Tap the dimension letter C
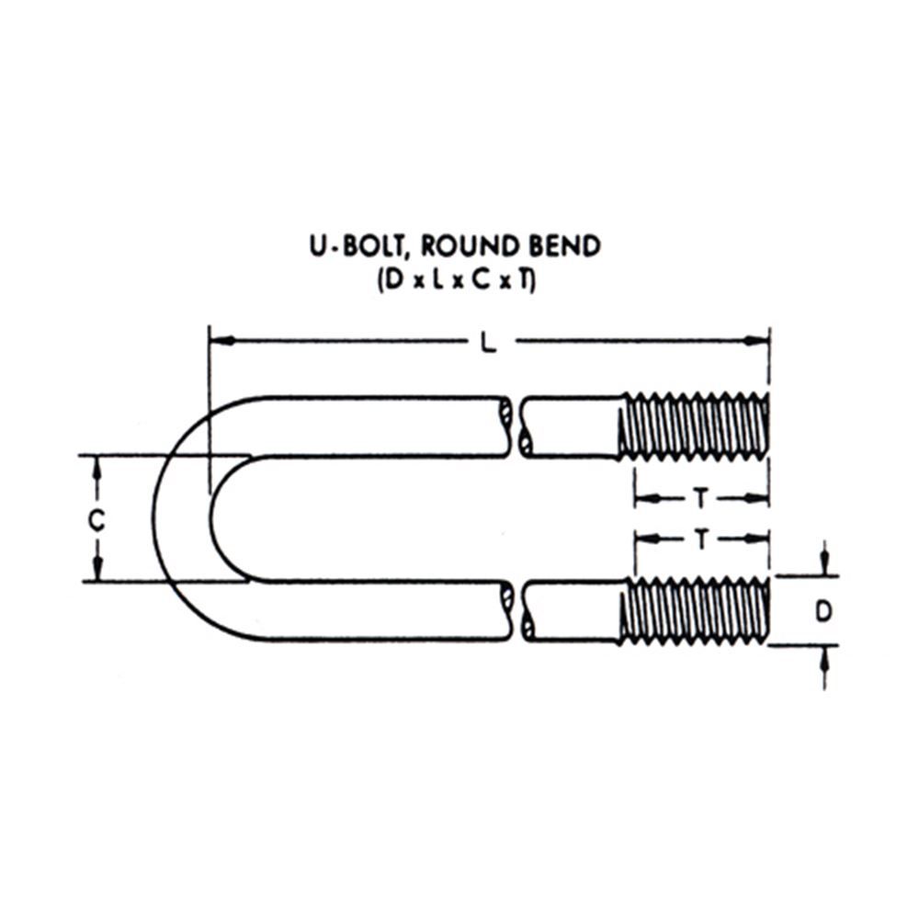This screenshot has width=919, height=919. click(96, 520)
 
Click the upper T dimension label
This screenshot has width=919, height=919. click(700, 499)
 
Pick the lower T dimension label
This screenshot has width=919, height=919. click(700, 539)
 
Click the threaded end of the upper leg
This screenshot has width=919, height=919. click(694, 425)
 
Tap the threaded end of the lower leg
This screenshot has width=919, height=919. click(694, 609)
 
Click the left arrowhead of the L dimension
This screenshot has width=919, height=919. click(220, 341)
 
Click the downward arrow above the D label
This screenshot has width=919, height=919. click(825, 563)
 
